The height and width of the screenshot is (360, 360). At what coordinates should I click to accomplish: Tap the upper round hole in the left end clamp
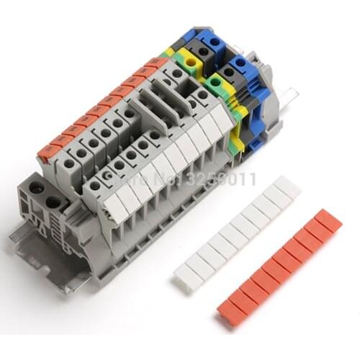pos(34,189)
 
